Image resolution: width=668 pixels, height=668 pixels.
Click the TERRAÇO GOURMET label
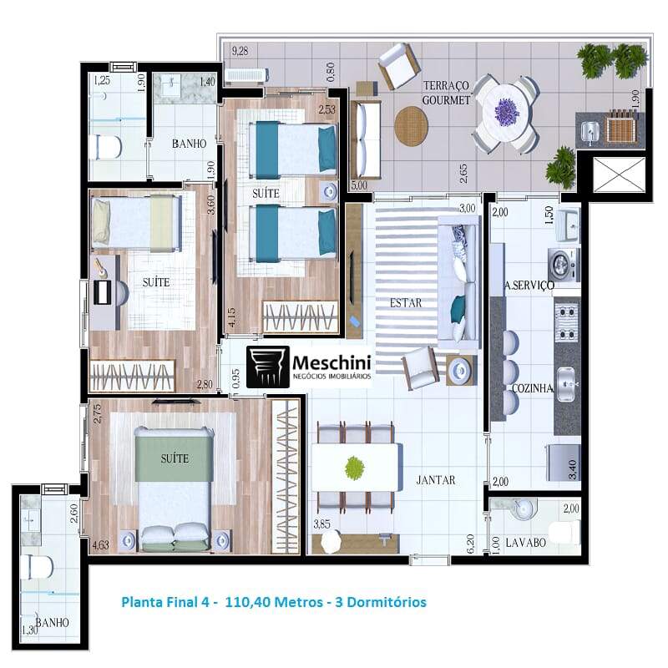click(x=446, y=93)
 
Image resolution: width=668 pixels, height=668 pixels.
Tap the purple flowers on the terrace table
click(x=507, y=110)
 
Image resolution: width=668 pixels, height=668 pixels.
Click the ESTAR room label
click(x=406, y=303)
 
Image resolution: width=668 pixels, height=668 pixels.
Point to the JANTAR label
click(x=435, y=480)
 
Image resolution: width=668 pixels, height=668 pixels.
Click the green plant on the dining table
click(x=354, y=468)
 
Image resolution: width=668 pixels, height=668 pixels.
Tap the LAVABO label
click(x=526, y=543)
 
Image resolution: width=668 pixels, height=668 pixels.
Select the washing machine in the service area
click(x=563, y=265)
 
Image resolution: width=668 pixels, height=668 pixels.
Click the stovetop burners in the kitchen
click(x=567, y=323)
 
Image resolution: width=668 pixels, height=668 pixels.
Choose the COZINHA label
click(x=533, y=388)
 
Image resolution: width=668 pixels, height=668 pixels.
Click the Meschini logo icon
click(x=268, y=367)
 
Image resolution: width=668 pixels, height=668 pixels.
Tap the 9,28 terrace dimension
click(x=240, y=51)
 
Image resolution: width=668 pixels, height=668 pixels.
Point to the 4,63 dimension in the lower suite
click(x=100, y=545)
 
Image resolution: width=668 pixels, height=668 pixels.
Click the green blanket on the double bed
click(x=175, y=457)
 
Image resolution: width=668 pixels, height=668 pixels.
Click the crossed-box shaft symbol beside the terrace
click(x=619, y=175)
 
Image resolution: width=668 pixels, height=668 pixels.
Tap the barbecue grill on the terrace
click(x=621, y=125)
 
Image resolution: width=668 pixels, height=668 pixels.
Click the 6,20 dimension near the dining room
click(x=470, y=544)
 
